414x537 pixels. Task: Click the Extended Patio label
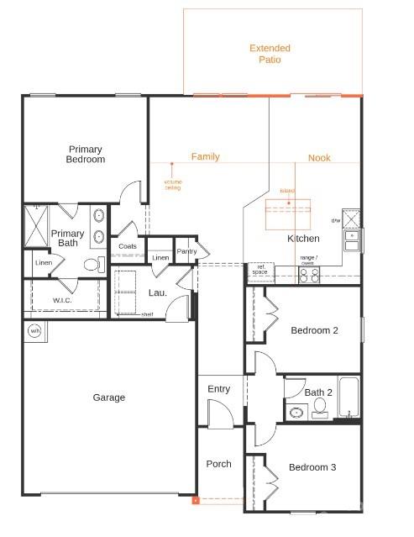270,54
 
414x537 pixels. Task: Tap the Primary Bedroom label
86,154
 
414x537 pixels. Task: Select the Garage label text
109,397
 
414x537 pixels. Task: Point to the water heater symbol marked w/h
35,330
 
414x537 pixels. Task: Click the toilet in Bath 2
320,408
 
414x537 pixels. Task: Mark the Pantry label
186,250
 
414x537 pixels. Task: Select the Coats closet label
128,246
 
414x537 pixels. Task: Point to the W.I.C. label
63,300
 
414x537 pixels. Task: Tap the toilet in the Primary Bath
92,264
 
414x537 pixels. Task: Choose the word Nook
319,158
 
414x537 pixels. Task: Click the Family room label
206,157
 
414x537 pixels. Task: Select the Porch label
219,464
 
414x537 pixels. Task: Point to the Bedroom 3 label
312,467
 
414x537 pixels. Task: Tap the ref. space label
259,271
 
